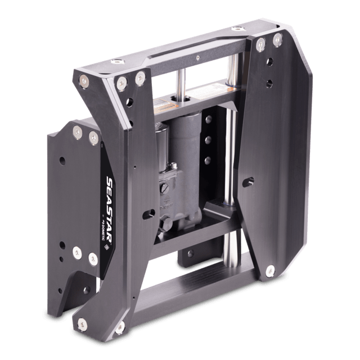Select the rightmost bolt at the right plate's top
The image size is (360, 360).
click(277, 40)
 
